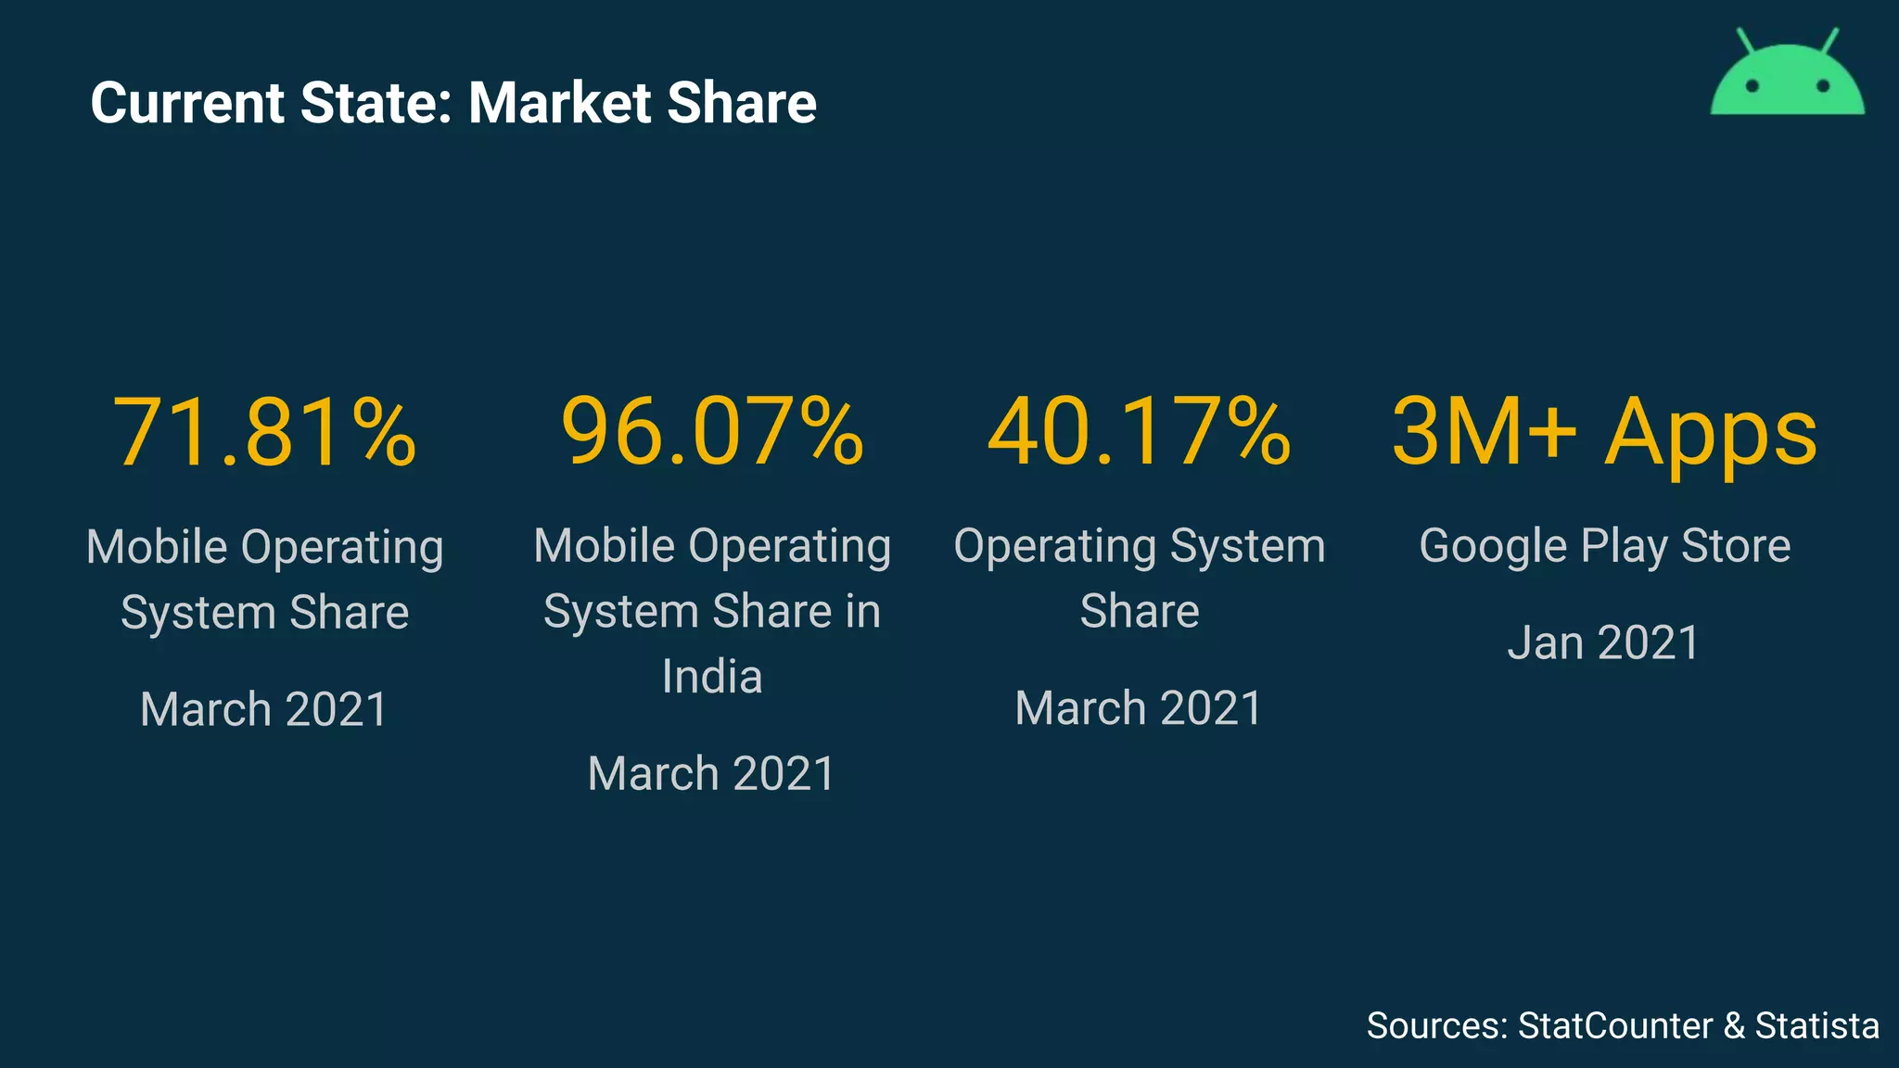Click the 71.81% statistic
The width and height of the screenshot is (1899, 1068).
[x=264, y=432]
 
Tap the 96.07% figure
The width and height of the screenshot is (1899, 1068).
[x=712, y=432]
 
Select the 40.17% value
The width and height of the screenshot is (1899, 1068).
[x=1139, y=432]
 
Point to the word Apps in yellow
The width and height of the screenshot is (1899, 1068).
[x=1711, y=434]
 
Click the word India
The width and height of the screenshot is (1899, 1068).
[x=712, y=677]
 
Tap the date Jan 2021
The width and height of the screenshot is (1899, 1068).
[x=1603, y=642]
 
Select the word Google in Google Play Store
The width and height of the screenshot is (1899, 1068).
[x=1493, y=546]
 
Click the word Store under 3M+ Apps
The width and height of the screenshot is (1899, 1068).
[x=1736, y=546]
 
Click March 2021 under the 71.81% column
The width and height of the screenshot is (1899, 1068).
[x=264, y=709]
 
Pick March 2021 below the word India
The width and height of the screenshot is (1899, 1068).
[x=712, y=773]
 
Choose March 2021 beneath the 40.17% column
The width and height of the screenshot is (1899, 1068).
[x=1139, y=708]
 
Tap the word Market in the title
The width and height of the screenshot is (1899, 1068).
[x=560, y=103]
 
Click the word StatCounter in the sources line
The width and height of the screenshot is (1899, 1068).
[x=1614, y=1026]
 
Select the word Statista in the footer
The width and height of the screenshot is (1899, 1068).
[x=1816, y=1026]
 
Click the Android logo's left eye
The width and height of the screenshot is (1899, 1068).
[x=1752, y=86]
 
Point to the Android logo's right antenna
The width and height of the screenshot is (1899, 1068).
[x=1830, y=40]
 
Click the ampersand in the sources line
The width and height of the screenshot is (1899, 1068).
[x=1733, y=1026]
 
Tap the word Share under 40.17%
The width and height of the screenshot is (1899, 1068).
[x=1139, y=612]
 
